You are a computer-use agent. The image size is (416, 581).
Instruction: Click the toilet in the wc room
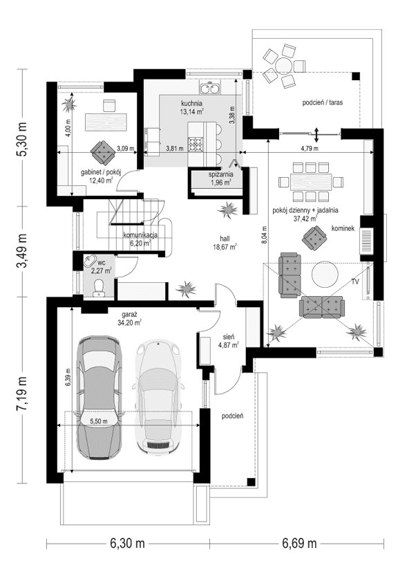(x=100, y=286)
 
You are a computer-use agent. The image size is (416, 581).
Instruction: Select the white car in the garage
(x=159, y=397)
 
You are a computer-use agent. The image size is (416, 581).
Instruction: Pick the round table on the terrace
(x=283, y=65)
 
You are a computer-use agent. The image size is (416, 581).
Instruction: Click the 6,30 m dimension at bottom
(x=126, y=544)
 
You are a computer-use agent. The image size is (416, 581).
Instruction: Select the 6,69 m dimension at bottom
(x=299, y=544)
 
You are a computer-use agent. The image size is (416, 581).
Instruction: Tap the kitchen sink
(x=209, y=88)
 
